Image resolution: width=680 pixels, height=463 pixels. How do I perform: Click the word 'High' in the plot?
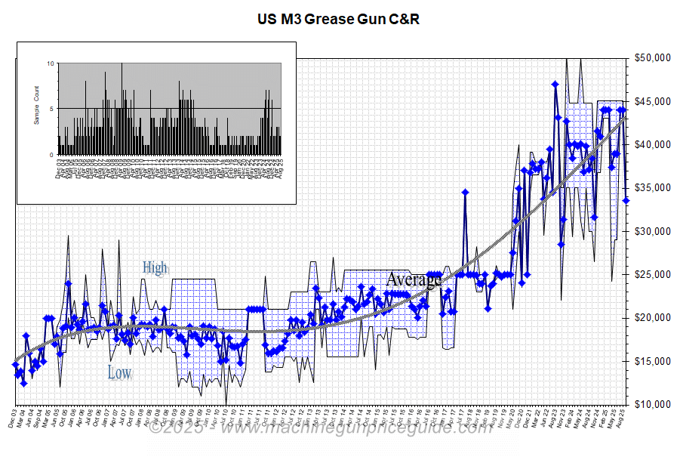pos(155,267)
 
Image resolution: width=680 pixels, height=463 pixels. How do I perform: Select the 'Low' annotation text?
pos(119,372)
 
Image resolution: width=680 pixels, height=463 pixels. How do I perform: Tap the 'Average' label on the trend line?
pos(413,280)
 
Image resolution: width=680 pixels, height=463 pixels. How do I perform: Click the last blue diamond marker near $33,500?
pos(626,200)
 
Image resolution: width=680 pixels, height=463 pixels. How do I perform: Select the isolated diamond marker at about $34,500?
pos(466,192)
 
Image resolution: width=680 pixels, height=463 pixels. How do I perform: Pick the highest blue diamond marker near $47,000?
pos(555,84)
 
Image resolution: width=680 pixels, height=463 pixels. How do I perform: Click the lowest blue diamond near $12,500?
pos(23,383)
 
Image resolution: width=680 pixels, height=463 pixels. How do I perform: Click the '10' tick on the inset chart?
pos(51,63)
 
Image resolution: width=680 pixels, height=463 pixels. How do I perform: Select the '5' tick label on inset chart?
pos(52,109)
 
